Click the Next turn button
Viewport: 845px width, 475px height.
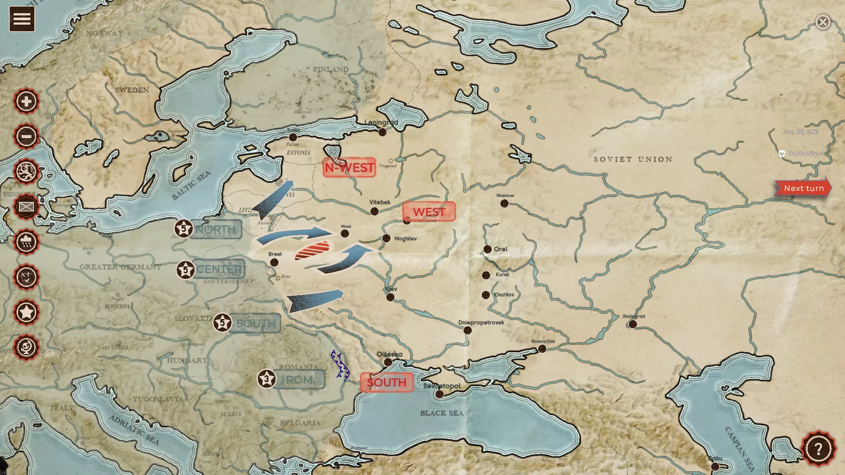pos(803,188)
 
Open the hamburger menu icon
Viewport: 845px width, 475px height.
pos(22,19)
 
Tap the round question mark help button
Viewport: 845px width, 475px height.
pos(818,449)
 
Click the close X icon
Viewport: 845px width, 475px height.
pos(823,22)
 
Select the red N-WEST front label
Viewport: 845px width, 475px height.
pos(349,168)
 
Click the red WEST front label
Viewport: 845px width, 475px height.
pos(429,212)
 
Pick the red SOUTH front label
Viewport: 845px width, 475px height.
pos(386,382)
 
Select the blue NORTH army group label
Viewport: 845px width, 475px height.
pos(216,229)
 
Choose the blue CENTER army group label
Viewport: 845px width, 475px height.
pos(219,269)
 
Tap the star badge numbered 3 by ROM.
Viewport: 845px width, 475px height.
pos(266,379)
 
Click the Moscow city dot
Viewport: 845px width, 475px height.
pos(504,204)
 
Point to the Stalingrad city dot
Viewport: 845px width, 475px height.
pos(632,324)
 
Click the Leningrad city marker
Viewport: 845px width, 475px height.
pos(382,132)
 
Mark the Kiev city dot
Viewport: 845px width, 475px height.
pos(390,297)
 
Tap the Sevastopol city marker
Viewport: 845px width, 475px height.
pos(439,395)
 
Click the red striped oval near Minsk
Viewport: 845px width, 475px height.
pos(312,250)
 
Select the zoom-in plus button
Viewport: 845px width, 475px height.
pos(26,101)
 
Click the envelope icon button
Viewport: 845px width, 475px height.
pos(26,207)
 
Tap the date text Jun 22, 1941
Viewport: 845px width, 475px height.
pos(800,132)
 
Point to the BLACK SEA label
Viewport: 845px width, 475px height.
pos(441,413)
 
